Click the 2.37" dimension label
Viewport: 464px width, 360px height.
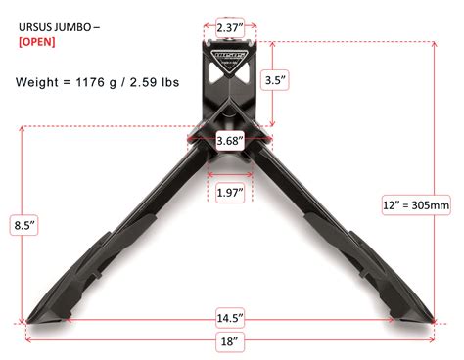pos(230,27)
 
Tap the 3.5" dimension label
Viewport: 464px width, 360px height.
pos(274,80)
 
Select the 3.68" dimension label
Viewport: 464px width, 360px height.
pos(230,141)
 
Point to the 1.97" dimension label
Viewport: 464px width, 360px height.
pos(230,193)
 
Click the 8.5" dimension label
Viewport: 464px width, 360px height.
pos(24,225)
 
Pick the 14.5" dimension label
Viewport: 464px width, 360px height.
pos(230,318)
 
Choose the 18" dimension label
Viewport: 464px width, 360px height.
pos(230,341)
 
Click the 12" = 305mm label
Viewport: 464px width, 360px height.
pos(416,205)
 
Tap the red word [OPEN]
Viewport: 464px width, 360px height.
pos(37,42)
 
